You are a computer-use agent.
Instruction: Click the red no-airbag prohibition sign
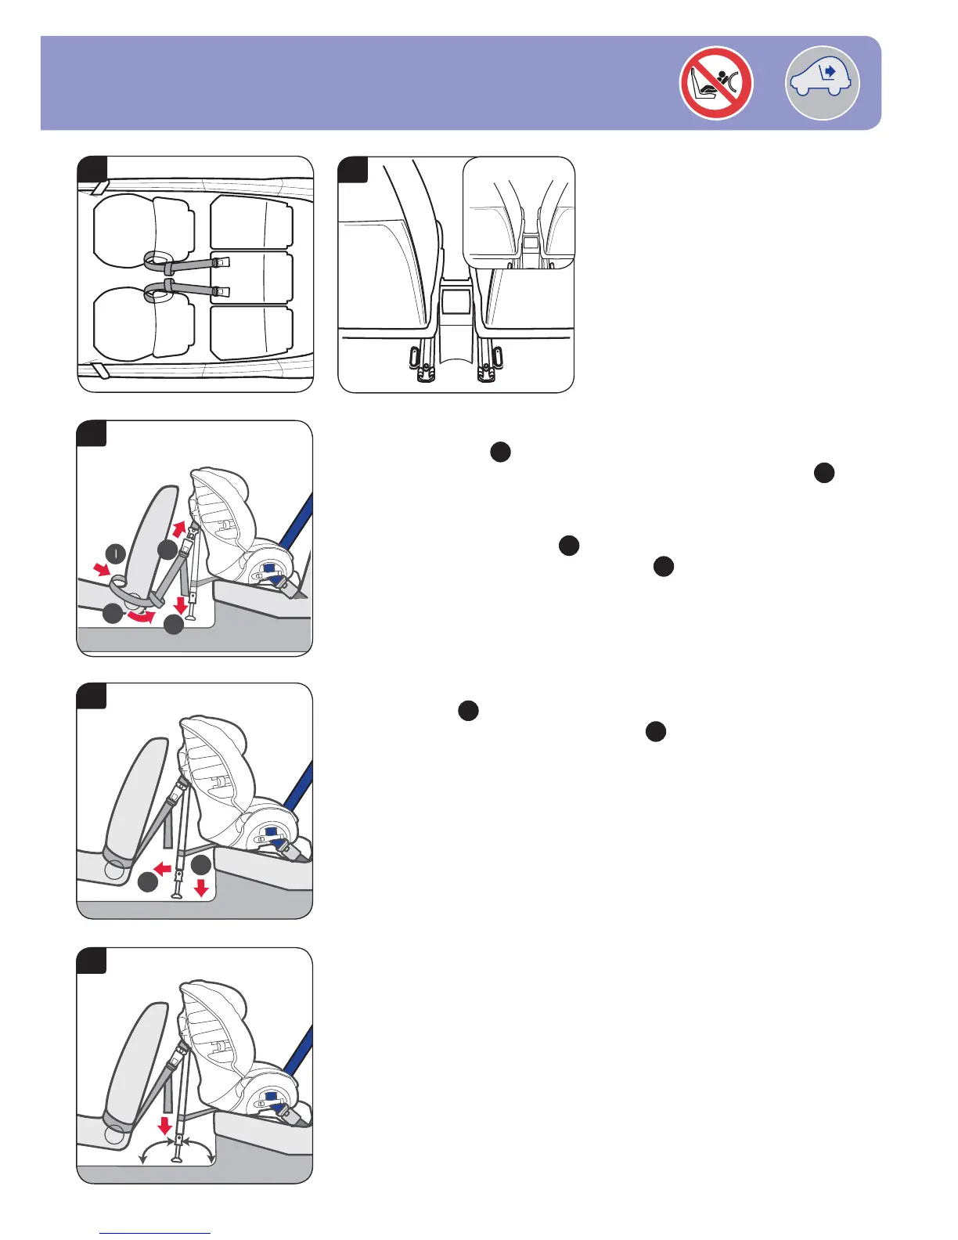click(715, 83)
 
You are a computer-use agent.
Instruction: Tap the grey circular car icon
click(822, 83)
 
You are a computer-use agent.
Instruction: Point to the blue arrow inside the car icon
click(829, 72)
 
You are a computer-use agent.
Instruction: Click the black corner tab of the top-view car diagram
click(92, 168)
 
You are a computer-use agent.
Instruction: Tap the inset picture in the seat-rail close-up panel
click(518, 212)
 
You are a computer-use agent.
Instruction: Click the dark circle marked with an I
click(116, 554)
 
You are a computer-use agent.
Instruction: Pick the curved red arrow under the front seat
click(142, 618)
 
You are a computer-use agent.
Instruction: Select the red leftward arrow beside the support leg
click(163, 868)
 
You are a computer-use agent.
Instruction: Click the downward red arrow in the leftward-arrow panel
click(201, 888)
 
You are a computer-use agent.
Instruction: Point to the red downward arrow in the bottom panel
click(164, 1125)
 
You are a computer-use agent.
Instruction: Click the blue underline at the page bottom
click(155, 1234)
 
